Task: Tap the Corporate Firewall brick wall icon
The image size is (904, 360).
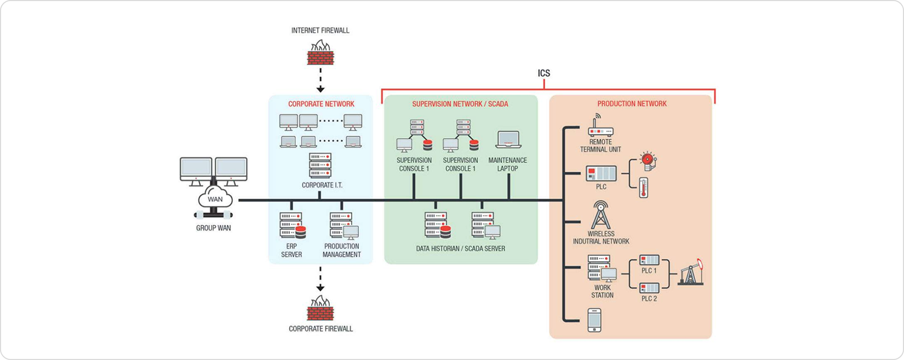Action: coord(320,308)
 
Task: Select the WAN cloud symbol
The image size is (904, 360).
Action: coord(215,199)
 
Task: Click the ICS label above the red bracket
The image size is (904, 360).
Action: coord(544,73)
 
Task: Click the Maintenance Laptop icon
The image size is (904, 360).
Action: coord(507,141)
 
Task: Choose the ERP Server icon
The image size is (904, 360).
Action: coord(292,226)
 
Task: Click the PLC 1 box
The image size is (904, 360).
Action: coord(649,270)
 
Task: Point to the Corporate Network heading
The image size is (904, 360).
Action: coord(321,104)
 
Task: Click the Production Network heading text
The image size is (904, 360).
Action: coord(632,104)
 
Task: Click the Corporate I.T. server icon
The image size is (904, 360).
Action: coord(320,165)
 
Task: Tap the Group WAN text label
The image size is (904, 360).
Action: coord(213,228)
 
